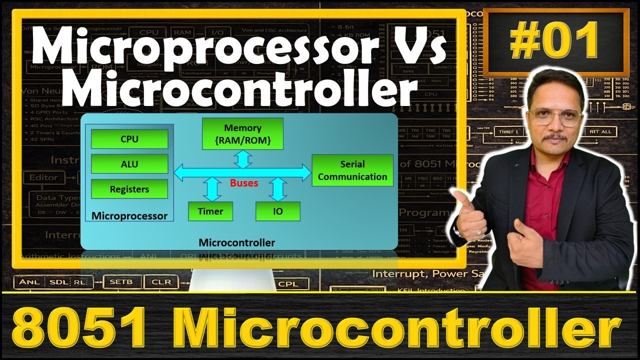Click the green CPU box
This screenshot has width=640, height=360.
tap(129, 139)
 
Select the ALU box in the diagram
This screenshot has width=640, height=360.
tap(129, 164)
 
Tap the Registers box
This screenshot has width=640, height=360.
tap(129, 189)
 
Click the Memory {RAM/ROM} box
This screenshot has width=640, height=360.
tap(242, 134)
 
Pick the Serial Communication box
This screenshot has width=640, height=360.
tap(352, 170)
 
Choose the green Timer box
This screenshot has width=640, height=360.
tap(210, 211)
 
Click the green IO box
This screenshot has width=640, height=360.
tap(277, 211)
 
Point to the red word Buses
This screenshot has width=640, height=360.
tap(244, 183)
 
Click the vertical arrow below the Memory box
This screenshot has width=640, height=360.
tap(243, 158)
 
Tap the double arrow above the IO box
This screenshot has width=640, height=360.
tap(277, 189)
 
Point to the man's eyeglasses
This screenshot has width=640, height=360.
tap(555, 116)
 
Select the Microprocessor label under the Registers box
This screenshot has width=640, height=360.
tap(129, 216)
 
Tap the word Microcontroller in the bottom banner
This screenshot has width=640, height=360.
tap(400, 327)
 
